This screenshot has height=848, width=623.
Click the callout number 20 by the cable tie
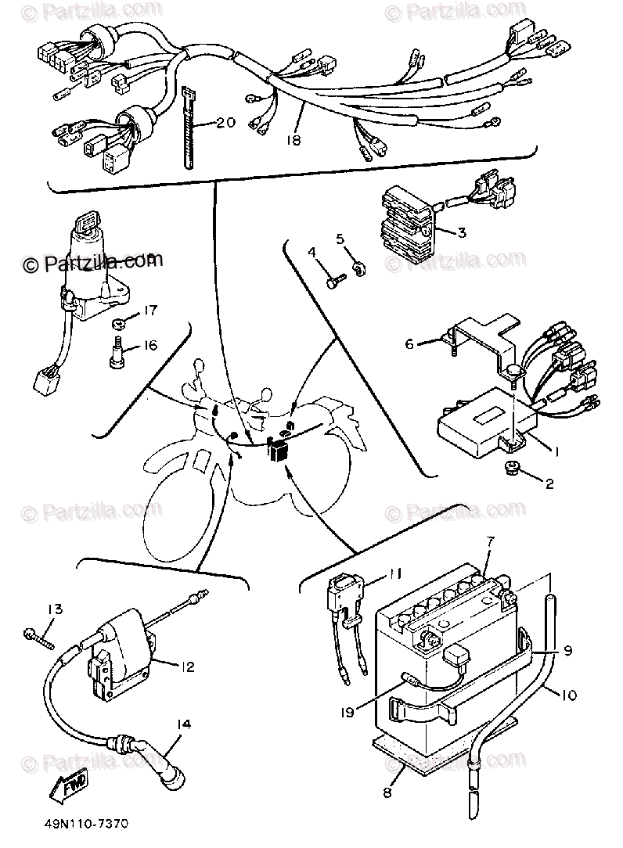[x=225, y=123]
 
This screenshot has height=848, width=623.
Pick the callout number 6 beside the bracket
[x=409, y=343]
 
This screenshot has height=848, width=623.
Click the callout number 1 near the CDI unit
[x=556, y=452]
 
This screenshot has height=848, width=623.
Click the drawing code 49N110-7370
[x=81, y=825]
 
